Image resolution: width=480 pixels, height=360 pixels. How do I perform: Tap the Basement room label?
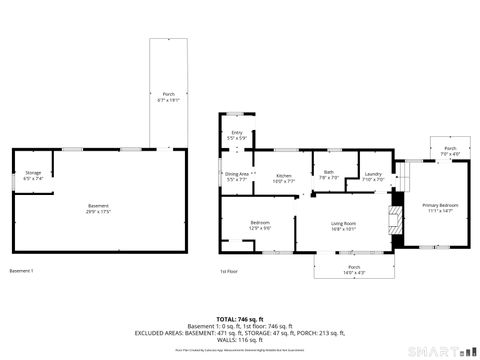98,208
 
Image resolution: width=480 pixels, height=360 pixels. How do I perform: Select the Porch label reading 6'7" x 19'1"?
168,98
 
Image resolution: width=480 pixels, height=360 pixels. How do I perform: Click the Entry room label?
237,135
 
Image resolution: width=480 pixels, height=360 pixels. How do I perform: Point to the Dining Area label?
237,175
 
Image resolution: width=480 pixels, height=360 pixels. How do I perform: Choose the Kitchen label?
284,175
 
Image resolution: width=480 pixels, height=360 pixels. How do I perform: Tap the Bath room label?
329,173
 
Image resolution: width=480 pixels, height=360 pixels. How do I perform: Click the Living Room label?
345,226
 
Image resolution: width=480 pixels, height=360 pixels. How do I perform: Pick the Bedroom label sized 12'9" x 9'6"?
260,225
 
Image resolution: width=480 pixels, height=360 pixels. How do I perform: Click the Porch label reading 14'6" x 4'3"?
354,269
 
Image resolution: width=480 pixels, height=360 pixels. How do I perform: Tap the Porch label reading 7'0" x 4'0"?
450,150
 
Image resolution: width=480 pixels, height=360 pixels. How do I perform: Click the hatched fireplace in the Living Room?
395,226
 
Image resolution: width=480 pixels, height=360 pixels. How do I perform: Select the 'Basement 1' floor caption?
22,271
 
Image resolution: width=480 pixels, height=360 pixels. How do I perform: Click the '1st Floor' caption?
229,271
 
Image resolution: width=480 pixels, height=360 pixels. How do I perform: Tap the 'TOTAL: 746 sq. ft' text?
240,319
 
